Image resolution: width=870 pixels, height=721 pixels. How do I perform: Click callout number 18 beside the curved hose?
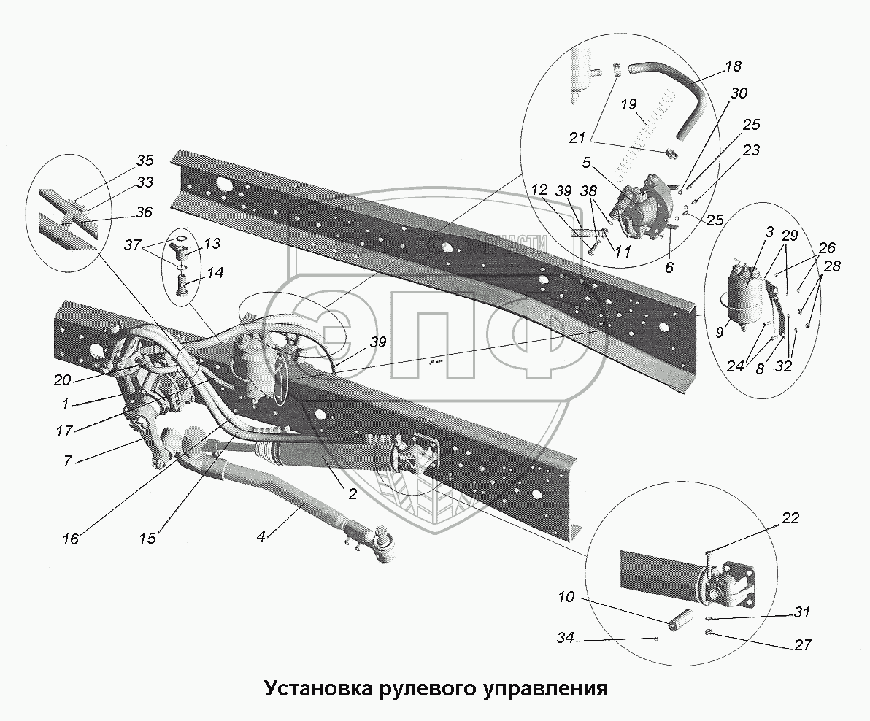[x=733, y=66]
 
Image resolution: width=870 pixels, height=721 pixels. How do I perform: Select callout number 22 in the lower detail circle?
[x=790, y=519]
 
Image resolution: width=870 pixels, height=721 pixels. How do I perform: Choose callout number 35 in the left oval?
[x=145, y=161]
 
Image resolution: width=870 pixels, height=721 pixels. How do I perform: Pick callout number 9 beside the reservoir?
[x=719, y=333]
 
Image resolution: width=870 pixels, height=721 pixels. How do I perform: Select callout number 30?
[x=739, y=93]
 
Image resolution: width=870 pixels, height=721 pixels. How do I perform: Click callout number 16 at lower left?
[x=71, y=541]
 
